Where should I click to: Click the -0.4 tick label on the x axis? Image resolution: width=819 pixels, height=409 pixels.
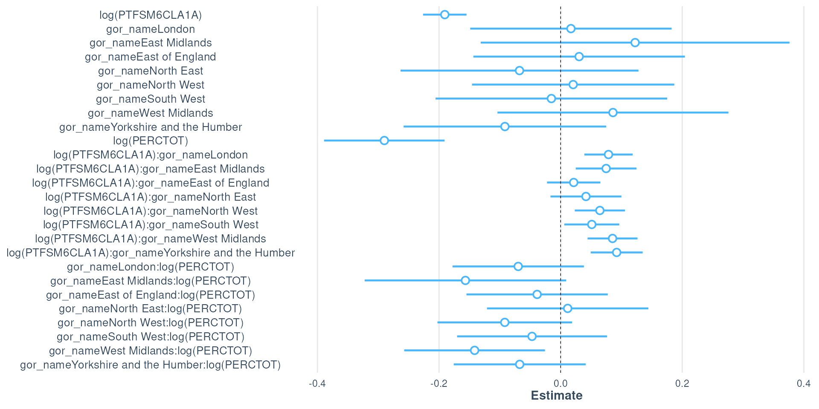point(317,383)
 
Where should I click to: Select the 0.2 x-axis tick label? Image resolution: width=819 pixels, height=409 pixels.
point(682,383)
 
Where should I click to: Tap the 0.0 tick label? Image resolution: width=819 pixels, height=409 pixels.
point(561,383)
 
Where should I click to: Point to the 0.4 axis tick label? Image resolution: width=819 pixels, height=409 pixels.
point(804,383)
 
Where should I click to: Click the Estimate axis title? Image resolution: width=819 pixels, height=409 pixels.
point(557,395)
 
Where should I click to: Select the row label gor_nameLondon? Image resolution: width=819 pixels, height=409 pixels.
point(151,29)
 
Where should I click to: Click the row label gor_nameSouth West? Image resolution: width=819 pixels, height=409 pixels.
point(151,99)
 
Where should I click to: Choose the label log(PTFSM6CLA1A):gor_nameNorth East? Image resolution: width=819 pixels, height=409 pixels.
point(151,197)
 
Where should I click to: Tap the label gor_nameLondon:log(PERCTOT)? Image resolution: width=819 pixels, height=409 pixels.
point(151,267)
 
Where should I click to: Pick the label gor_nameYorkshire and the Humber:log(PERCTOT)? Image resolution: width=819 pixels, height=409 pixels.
point(151,365)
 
